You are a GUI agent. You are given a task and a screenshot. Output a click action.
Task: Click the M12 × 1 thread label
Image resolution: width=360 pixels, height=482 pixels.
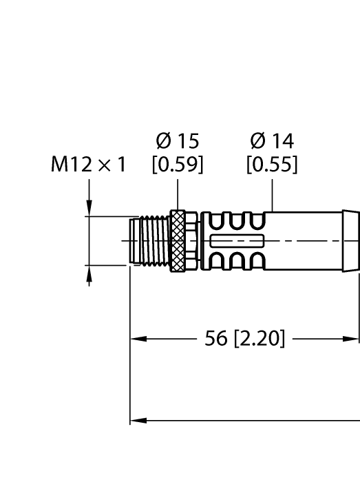tap(89, 165)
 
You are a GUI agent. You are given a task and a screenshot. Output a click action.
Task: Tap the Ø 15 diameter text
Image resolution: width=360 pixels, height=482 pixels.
tap(178, 141)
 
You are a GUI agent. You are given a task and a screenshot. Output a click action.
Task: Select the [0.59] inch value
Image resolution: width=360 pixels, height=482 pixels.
tap(178, 165)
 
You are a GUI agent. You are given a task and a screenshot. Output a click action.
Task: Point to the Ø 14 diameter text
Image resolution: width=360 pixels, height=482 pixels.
tap(273, 141)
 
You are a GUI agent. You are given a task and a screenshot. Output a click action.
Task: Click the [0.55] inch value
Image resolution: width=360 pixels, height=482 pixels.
tap(273, 165)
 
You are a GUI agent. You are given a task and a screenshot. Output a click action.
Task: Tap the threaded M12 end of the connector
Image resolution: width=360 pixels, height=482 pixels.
tap(149, 240)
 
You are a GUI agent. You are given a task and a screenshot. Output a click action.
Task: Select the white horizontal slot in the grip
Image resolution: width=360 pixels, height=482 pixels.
tap(237, 240)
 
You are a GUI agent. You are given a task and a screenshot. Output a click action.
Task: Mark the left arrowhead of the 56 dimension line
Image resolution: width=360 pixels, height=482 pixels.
tap(136, 339)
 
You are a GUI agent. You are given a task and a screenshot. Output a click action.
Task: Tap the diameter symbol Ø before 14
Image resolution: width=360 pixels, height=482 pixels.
tap(258, 141)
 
